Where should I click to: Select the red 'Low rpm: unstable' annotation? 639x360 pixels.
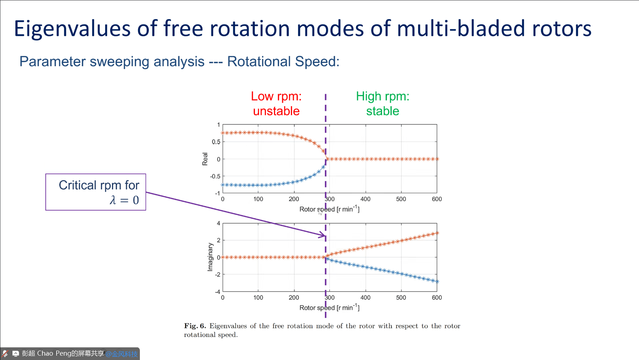(276, 104)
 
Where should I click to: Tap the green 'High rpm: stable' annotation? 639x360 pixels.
(382, 104)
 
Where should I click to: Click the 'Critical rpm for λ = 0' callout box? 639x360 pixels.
(96, 192)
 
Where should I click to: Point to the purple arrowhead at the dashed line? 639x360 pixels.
(323, 236)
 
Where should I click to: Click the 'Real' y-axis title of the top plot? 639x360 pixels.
(205, 159)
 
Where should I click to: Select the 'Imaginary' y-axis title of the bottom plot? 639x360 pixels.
(210, 257)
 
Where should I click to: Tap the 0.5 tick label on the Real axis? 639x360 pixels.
(216, 142)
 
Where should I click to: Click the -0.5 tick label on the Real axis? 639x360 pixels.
(215, 176)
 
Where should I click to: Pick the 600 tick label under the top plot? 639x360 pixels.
(437, 199)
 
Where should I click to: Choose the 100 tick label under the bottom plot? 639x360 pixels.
(258, 298)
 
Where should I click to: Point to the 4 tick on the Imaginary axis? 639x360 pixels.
(218, 223)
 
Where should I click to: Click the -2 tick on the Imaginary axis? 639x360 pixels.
(218, 275)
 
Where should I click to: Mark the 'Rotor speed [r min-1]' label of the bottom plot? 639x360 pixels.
(329, 308)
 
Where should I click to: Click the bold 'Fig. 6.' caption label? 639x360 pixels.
(195, 326)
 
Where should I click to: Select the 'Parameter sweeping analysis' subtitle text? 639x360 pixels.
(112, 61)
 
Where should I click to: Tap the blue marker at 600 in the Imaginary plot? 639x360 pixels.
(437, 281)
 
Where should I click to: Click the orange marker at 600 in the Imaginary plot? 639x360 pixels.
(437, 233)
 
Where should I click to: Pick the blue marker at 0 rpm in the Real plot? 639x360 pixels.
(223, 185)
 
